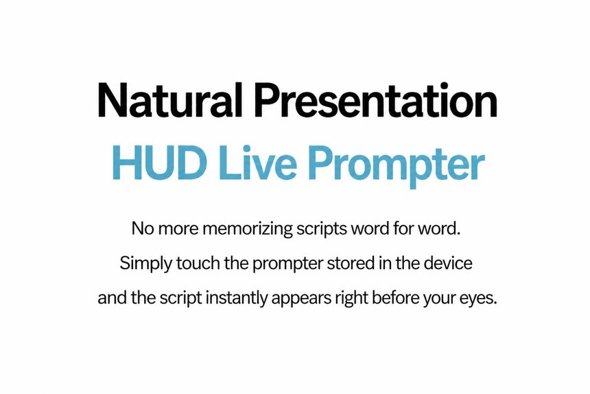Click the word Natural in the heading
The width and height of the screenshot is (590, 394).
pos(169,100)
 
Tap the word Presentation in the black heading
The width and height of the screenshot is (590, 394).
pos(376,100)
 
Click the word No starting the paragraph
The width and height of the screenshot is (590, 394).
pos(143,229)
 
